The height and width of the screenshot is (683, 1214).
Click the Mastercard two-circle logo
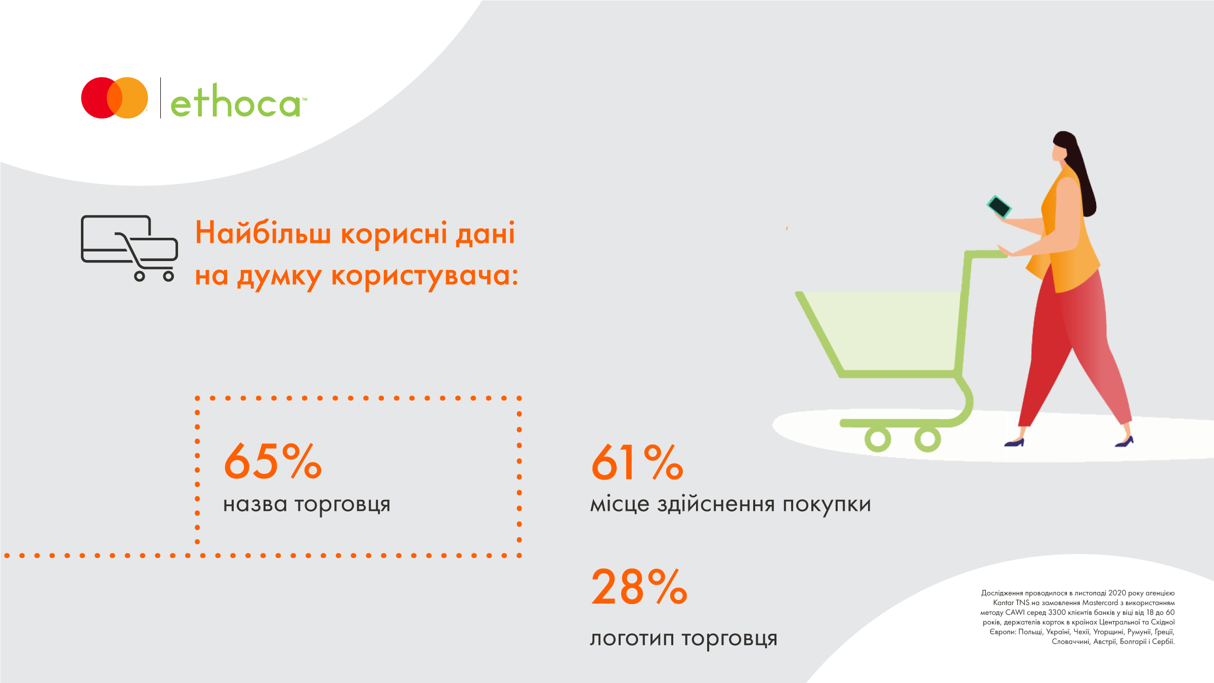pyautogui.click(x=115, y=98)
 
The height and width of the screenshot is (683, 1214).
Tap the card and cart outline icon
pyautogui.click(x=129, y=248)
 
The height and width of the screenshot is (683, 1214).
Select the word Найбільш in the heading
pyautogui.click(x=263, y=233)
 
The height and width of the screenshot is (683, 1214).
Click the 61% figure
pyautogui.click(x=637, y=462)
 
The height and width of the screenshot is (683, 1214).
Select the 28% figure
pyautogui.click(x=639, y=586)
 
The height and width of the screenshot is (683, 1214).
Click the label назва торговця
pyautogui.click(x=307, y=504)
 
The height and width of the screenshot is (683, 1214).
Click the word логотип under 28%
pyautogui.click(x=632, y=638)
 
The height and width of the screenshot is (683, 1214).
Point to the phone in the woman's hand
pyautogui.click(x=999, y=206)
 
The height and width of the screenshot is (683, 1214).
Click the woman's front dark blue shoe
pyautogui.click(x=1124, y=442)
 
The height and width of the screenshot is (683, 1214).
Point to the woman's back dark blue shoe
pyautogui.click(x=1014, y=443)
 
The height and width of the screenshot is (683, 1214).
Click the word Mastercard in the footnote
pyautogui.click(x=1100, y=603)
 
